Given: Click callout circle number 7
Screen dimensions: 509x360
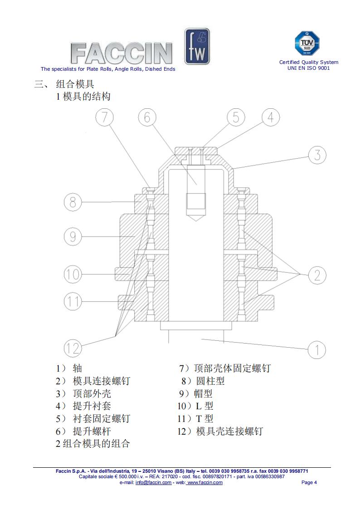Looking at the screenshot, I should coord(104,118).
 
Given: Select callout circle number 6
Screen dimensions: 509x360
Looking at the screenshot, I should coord(147,118).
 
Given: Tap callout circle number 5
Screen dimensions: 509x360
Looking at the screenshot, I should coord(235,117).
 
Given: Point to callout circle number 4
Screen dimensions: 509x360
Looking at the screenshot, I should coord(270,117).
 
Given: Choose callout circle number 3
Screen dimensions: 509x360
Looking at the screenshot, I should coord(317,155).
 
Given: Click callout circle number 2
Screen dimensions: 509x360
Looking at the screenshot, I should coord(317,275).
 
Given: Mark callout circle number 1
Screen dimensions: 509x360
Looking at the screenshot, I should coord(317,350).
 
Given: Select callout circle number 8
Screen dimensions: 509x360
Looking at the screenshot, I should coord(73,202).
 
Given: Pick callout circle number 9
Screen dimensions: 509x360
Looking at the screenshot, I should coord(73,237).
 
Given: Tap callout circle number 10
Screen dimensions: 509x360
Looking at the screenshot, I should coord(73,274).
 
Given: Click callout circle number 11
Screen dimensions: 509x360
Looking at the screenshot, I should coord(73,301).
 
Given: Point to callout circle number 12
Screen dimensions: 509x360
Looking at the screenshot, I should coord(73,348).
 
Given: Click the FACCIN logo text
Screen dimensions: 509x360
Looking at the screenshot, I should coord(122,53).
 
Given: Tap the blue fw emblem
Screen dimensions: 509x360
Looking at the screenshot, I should coord(197,46).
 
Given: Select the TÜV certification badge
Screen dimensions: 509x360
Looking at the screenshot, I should coord(307,44).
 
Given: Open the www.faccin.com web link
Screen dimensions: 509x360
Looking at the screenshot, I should coord(204,482).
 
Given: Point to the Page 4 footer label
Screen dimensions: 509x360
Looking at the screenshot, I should coord(309,482).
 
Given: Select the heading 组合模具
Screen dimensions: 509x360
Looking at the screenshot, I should coord(75,84).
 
